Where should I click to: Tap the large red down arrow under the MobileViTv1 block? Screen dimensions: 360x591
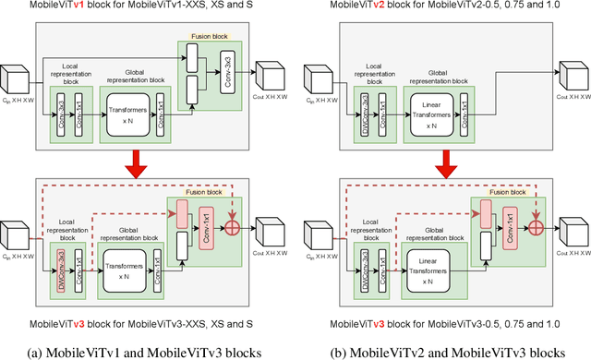(x=135, y=163)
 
